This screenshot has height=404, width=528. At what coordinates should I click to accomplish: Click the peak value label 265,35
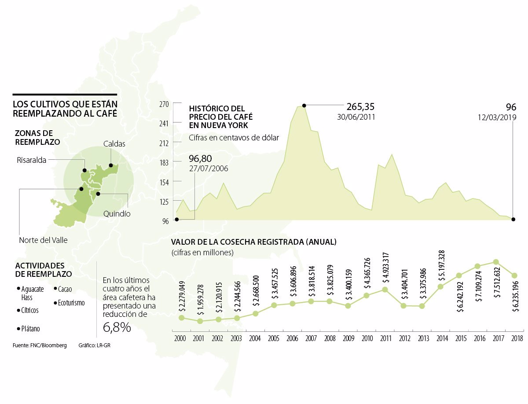[360, 107]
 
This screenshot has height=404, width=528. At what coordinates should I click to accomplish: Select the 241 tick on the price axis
[164, 123]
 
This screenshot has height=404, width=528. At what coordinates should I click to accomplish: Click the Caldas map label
[114, 144]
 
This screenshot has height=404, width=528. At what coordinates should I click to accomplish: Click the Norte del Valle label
[43, 240]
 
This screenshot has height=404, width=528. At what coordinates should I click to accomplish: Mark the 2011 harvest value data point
[385, 290]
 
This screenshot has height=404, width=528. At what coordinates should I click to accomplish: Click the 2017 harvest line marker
[496, 262]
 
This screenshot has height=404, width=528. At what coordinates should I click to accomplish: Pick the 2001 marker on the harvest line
[200, 321]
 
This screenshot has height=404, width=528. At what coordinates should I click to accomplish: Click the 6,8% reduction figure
[117, 327]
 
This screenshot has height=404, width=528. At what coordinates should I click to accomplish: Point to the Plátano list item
[30, 328]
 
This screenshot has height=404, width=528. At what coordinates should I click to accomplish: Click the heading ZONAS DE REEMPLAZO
[37, 137]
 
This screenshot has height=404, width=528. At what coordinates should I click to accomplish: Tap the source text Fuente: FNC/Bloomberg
[40, 345]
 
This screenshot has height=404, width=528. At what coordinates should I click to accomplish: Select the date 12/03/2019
[497, 118]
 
